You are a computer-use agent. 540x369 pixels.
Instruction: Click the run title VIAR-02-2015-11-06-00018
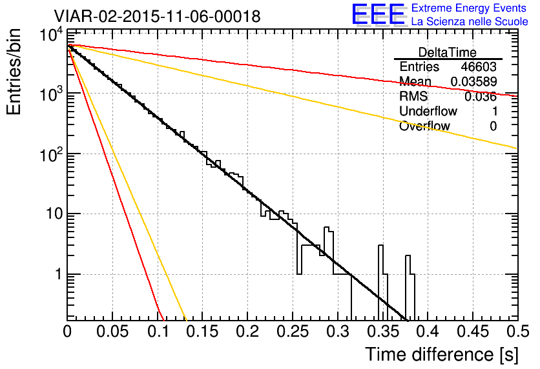[157, 16]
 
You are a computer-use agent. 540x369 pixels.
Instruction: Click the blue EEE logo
[378, 15]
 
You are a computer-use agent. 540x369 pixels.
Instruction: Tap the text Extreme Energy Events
[469, 8]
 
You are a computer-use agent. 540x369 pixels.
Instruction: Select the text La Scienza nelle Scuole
[470, 21]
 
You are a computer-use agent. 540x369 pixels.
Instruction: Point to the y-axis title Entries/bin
[14, 72]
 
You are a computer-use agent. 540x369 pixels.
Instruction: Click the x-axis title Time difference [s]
[442, 355]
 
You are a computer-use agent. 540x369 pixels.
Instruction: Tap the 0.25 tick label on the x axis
[293, 332]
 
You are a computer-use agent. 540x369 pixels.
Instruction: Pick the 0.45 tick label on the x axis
[473, 332]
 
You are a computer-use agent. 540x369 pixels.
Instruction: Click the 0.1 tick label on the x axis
[158, 332]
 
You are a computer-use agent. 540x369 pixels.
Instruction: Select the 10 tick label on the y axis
[54, 214]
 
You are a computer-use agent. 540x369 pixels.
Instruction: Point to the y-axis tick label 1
[58, 274]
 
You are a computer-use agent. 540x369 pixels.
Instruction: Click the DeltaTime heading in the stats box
[448, 52]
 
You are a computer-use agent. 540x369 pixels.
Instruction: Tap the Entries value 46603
[479, 66]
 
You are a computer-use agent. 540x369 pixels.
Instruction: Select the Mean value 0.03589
[474, 81]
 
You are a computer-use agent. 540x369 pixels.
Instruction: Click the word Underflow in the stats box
[428, 111]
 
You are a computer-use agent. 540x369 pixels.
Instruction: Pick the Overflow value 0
[493, 126]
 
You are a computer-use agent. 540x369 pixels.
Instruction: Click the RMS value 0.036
[481, 97]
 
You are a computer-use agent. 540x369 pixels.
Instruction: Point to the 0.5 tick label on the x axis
[517, 332]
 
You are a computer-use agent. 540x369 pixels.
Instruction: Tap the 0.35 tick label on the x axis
[382, 332]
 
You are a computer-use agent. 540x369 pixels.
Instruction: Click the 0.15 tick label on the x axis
[202, 332]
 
